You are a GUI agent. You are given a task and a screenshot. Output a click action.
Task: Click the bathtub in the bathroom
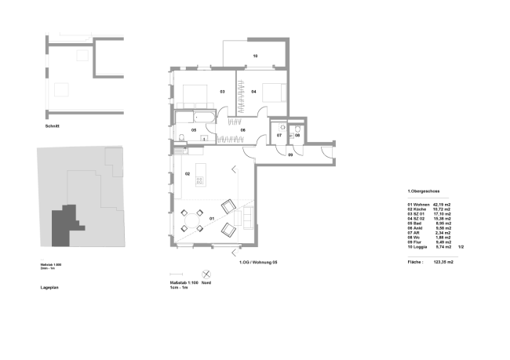click(205, 117)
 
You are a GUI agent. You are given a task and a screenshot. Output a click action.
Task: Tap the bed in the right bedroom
click(274, 93)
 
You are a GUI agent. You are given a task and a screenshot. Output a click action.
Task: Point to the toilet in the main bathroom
click(181, 138)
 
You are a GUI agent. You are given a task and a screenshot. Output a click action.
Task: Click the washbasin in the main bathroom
click(204, 138)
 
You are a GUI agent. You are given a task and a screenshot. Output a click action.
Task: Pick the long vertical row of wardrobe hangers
click(240, 96)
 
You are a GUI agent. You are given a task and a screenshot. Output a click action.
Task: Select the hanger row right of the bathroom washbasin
click(230, 140)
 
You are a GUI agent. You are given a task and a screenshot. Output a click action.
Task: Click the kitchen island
click(200, 175)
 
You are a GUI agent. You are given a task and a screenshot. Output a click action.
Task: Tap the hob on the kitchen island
click(200, 180)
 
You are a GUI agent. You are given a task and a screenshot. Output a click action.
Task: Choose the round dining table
click(192, 220)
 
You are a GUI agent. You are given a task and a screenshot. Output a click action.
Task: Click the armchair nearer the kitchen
click(228, 207)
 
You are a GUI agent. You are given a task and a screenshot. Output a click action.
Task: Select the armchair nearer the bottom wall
click(228, 230)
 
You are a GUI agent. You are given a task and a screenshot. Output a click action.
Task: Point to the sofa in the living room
click(248, 217)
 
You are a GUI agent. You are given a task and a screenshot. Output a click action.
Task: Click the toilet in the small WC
click(297, 128)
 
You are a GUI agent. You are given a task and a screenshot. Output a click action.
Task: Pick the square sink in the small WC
click(282, 127)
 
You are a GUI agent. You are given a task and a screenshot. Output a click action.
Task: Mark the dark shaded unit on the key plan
click(64, 227)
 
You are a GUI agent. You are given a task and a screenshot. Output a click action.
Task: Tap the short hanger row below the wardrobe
click(235, 122)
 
